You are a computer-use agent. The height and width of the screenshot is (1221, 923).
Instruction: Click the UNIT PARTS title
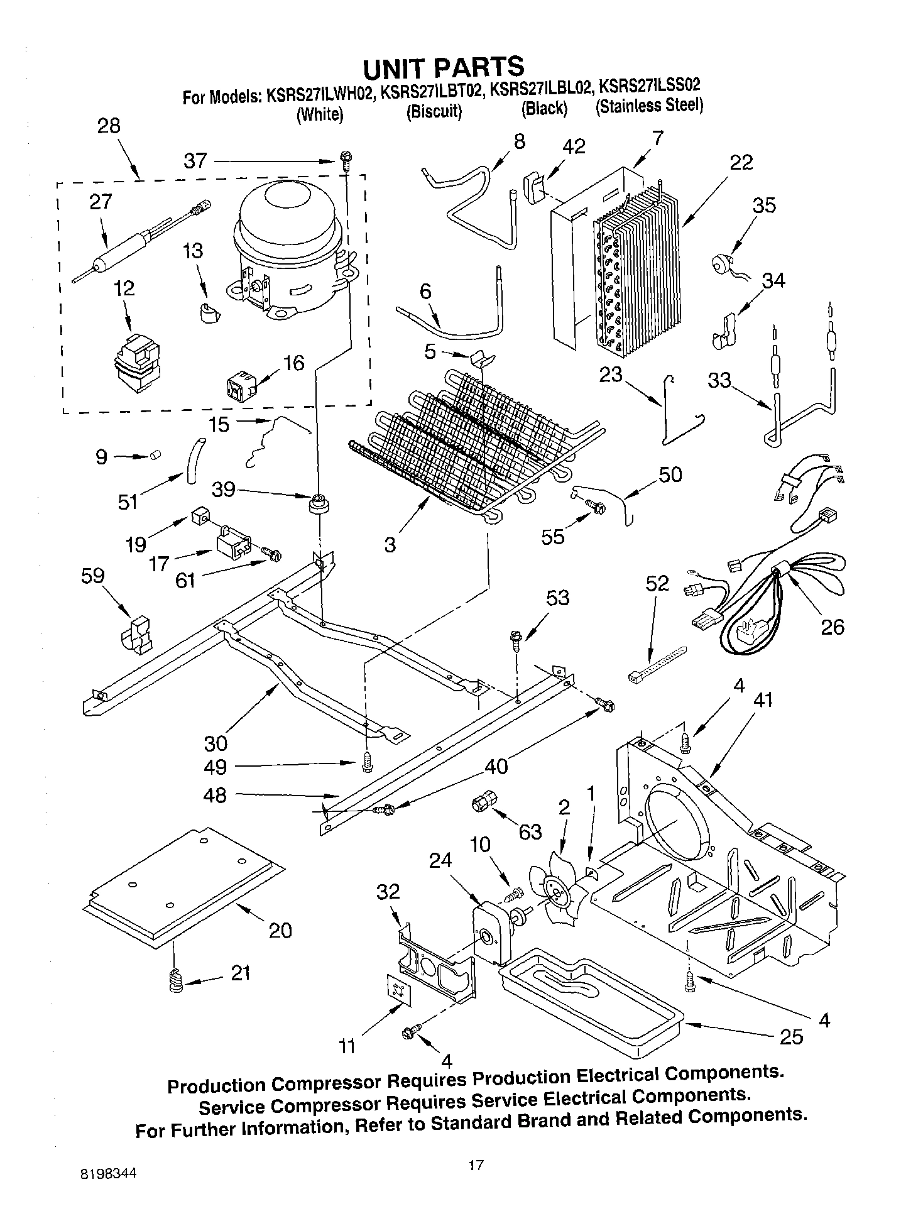(x=444, y=66)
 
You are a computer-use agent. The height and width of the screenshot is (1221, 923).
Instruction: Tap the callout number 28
(x=109, y=126)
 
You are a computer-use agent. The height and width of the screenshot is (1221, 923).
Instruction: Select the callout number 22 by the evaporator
(x=741, y=162)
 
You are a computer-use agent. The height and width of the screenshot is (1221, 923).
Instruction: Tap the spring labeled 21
(x=177, y=981)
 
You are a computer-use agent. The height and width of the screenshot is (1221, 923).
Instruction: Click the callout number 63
(x=530, y=831)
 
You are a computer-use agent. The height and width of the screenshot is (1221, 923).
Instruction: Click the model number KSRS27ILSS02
(x=649, y=85)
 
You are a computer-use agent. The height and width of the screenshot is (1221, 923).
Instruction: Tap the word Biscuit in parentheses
(x=434, y=112)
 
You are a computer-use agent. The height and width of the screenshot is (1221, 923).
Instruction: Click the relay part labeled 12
(x=136, y=364)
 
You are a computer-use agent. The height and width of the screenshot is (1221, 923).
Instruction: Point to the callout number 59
(x=92, y=576)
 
